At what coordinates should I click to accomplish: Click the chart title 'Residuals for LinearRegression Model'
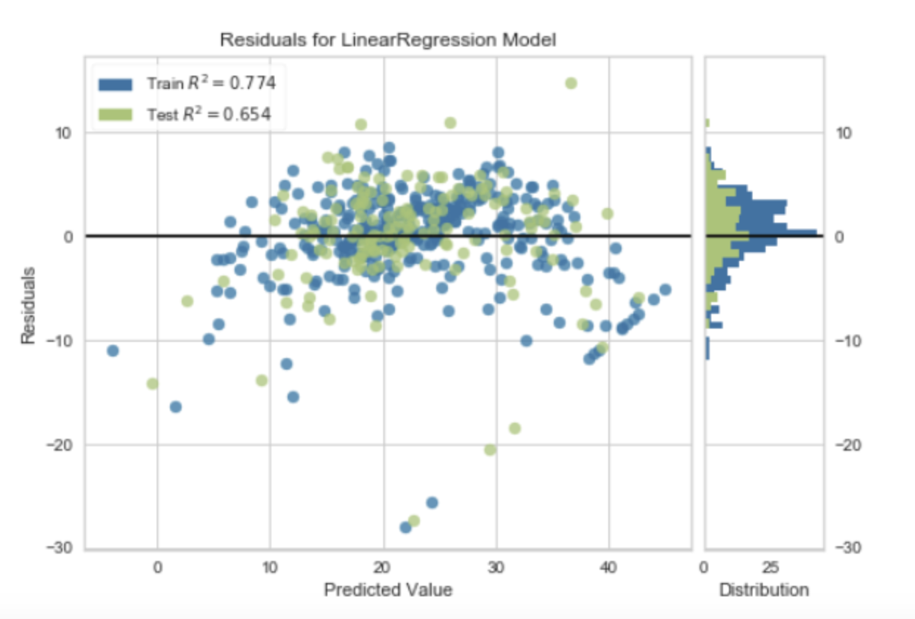388,41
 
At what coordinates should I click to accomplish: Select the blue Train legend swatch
115,84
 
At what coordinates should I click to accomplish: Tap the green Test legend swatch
115,114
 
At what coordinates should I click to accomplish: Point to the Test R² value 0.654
250,114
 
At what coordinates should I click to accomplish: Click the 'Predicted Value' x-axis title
388,590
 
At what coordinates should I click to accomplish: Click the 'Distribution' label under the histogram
763,590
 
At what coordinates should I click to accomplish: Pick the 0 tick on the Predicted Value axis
157,568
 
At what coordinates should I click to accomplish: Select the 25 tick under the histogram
769,568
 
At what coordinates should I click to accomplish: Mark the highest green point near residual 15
571,83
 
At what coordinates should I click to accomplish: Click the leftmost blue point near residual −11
113,351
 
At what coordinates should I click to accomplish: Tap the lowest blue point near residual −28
405,527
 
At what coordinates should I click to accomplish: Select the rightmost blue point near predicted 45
665,290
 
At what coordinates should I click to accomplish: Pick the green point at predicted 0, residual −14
152,383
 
